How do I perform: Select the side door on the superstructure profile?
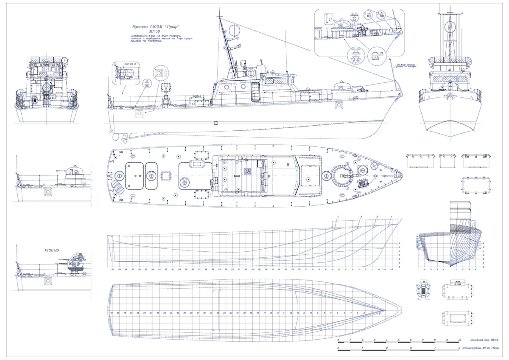[255, 92]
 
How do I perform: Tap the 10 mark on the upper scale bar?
[460, 340]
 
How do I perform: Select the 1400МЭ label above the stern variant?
[51, 250]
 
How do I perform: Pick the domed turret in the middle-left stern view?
[76, 172]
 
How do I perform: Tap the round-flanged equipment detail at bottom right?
[423, 291]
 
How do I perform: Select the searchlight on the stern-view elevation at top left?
[45, 89]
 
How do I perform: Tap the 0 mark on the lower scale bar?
[338, 348]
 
